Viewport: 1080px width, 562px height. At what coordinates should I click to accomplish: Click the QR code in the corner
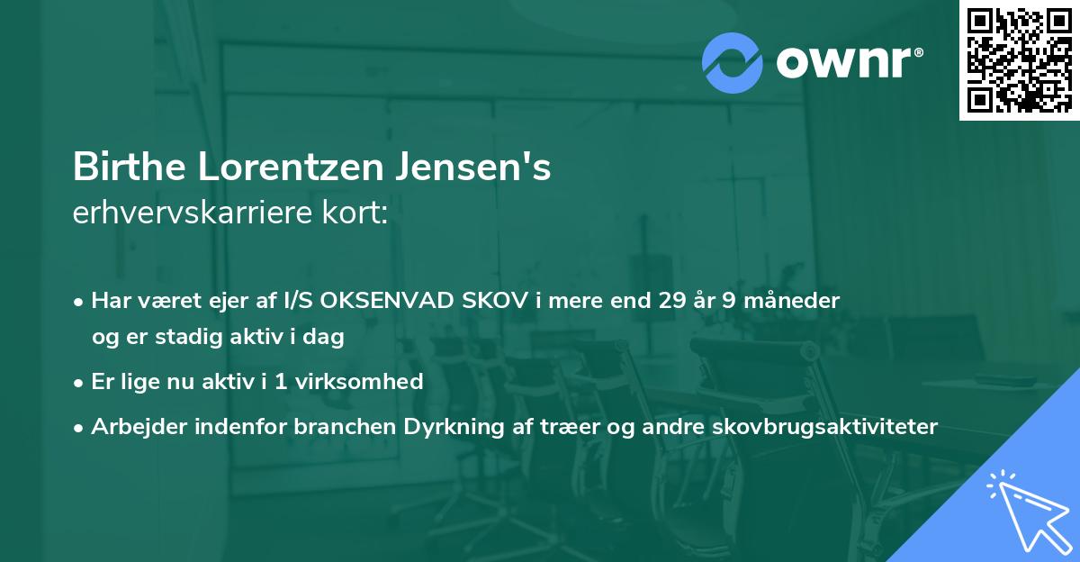coord(1019,60)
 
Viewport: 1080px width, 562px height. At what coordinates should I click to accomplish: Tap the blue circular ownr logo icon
coord(733,61)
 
